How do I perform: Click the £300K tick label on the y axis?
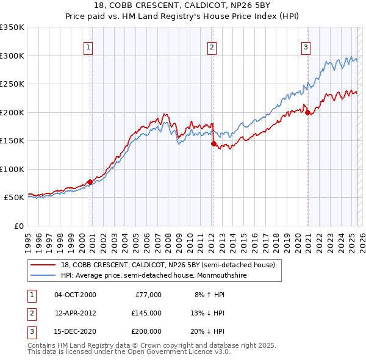tap(12, 56)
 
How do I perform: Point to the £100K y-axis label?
tap(12, 169)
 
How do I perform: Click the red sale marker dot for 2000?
tap(90, 182)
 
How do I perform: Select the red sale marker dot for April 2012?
tap(213, 144)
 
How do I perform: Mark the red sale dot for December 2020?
tap(307, 112)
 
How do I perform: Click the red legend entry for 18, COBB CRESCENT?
tap(168, 265)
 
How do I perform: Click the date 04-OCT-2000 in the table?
tap(75, 295)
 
